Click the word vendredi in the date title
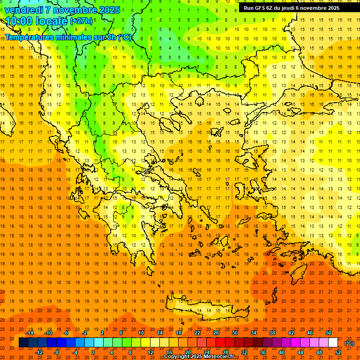pyautogui.click(x=24, y=10)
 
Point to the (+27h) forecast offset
pyautogui.click(x=81, y=21)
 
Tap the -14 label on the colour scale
pyautogui.click(x=30, y=333)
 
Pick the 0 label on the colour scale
pyautogui.click(x=93, y=352)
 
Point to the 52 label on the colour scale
pyautogui.click(x=338, y=352)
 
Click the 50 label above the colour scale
pyautogui.click(x=329, y=333)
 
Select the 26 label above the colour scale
pyautogui.click(x=216, y=333)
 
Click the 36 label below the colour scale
pyautogui.click(x=263, y=352)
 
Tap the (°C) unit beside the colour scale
pyautogui.click(x=349, y=343)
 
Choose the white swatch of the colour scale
pyautogui.click(x=333, y=343)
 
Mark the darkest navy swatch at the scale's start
pyautogui.click(x=23, y=343)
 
